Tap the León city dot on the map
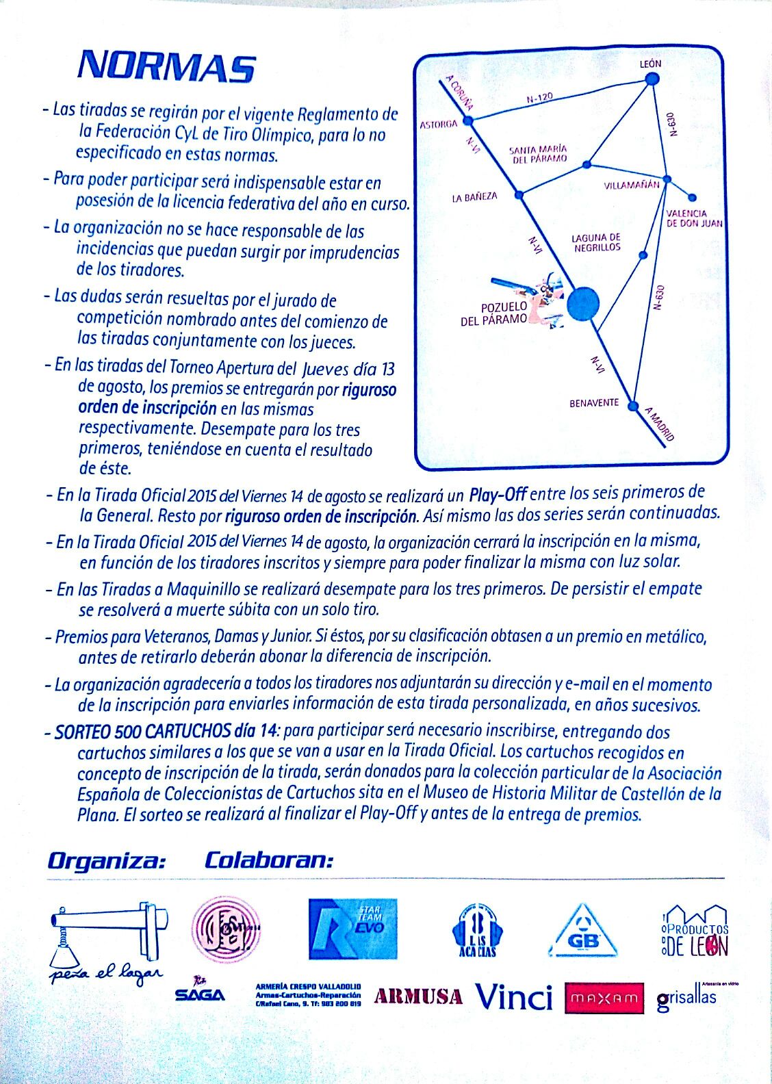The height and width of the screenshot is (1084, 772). (x=652, y=80)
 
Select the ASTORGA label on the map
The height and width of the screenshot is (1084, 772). (x=438, y=125)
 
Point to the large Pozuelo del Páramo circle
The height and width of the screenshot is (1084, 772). (x=584, y=302)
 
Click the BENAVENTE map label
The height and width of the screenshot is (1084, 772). (x=593, y=403)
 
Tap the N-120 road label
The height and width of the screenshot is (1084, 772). (x=539, y=99)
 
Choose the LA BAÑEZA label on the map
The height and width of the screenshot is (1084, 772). (x=474, y=197)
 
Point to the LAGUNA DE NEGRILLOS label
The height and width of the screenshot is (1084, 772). (x=595, y=242)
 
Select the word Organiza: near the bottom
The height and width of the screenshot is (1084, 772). (x=106, y=860)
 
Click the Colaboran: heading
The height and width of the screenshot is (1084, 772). (x=268, y=860)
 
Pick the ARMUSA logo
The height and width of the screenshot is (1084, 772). (x=418, y=996)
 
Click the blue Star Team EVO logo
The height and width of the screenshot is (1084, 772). (x=353, y=928)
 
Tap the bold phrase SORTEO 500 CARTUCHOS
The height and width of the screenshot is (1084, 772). (x=167, y=732)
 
